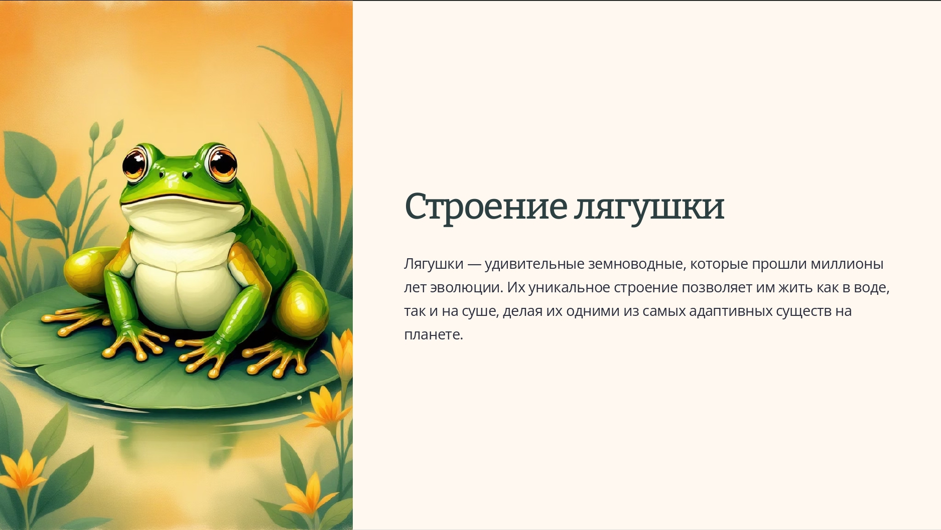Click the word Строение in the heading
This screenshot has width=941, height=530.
485,206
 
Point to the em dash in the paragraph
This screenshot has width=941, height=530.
474,264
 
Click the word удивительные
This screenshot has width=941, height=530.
534,264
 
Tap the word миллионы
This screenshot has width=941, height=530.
847,264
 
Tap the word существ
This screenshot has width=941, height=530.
803,311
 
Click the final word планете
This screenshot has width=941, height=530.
433,334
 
